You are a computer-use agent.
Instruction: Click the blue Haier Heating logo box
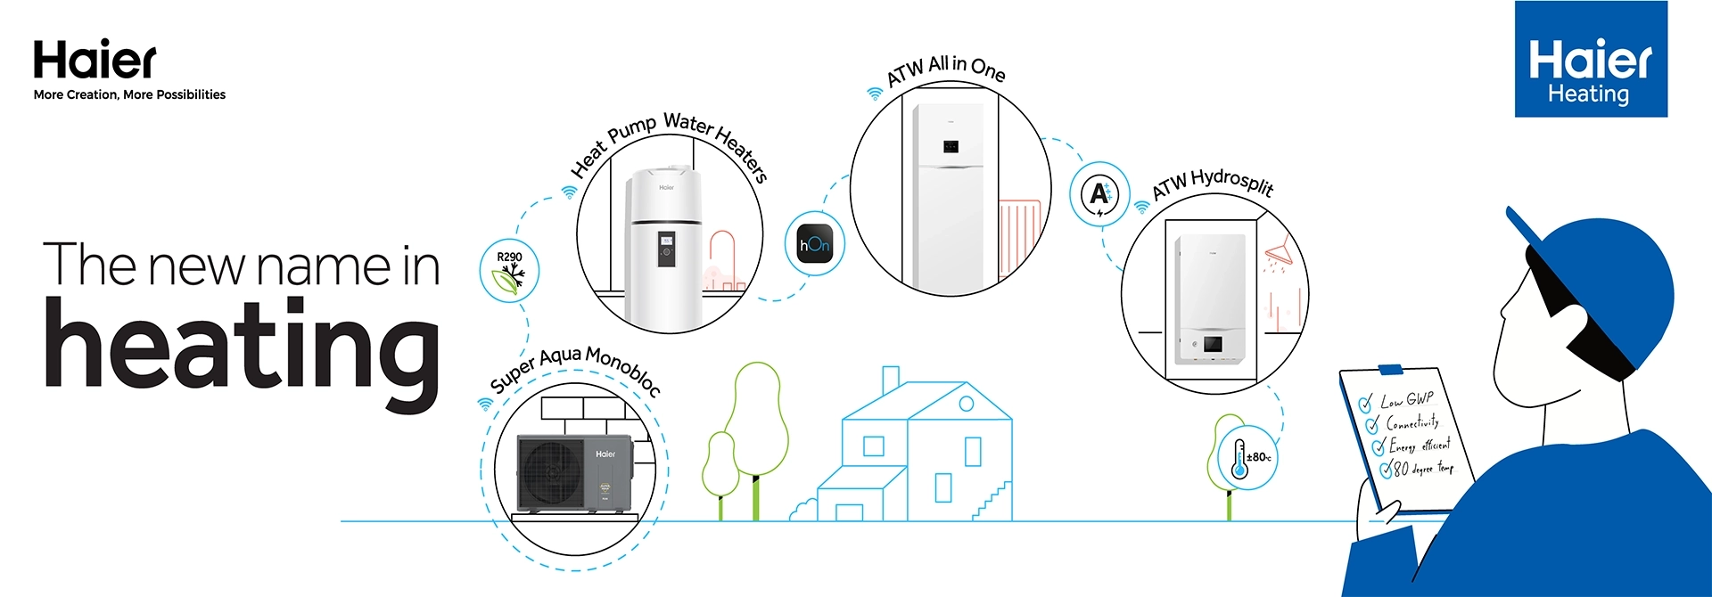coord(1591,59)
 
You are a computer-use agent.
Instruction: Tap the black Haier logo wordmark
coord(95,60)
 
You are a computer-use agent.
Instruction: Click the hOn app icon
coord(814,244)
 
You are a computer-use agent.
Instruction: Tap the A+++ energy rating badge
coord(1100,192)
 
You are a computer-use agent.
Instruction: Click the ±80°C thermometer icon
coord(1247,457)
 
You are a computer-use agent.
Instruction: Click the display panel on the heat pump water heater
coord(666,249)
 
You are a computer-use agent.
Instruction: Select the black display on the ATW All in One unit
coord(951,147)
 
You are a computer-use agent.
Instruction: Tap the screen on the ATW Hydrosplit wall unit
coord(1213,344)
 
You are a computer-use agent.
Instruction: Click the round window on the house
coord(967,405)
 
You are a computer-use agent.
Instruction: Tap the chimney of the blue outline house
coord(890,381)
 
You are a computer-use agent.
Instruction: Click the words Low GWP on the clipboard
coord(1407,399)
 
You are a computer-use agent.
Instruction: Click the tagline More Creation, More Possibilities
coord(129,94)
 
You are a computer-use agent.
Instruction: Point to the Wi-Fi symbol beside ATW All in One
coord(876,93)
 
